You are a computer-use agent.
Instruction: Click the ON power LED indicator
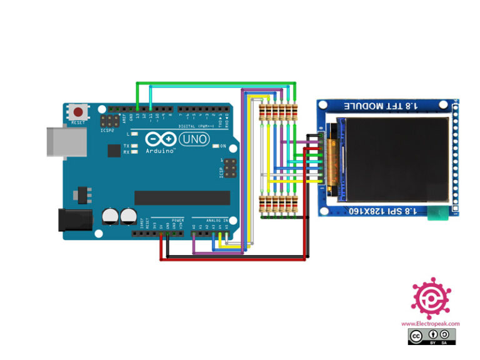215,146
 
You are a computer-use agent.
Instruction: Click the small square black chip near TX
114,151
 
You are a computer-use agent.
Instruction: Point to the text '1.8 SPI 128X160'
389,211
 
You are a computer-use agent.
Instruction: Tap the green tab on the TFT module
439,216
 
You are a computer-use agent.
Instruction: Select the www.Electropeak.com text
431,324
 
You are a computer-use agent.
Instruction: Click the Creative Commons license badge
432,337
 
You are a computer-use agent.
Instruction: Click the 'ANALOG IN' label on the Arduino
217,221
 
